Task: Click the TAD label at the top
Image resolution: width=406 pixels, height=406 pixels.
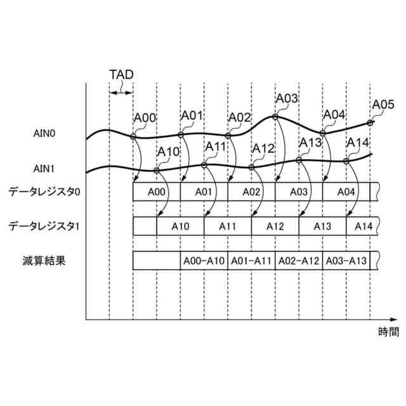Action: coord(121,75)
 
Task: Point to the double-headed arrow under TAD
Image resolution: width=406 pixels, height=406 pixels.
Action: coord(121,93)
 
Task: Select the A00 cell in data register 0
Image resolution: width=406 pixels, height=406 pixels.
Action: coord(157,192)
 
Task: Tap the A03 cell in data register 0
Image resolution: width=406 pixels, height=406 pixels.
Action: coord(299,192)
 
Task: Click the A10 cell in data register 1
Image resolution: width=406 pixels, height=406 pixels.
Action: coord(181,226)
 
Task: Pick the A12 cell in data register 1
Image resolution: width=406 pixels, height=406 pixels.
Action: coord(275,226)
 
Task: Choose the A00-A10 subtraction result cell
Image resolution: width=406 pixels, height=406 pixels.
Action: coord(204,260)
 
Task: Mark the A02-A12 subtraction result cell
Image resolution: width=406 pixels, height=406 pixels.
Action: coord(299,260)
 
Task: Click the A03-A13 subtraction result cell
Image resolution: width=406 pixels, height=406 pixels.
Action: coord(346,260)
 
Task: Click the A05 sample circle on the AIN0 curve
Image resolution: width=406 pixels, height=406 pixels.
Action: coord(370,122)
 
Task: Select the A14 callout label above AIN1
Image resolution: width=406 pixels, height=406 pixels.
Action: coord(358,142)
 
